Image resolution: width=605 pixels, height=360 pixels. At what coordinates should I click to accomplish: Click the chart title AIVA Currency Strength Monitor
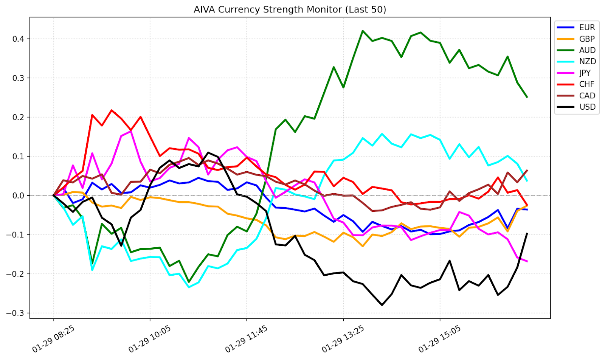pos(290,9)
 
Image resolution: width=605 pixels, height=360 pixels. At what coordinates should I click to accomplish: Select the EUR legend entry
pos(587,28)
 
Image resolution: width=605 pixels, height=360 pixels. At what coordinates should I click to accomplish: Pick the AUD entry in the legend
pos(587,50)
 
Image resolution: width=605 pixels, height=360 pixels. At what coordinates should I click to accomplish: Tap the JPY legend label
pos(585,73)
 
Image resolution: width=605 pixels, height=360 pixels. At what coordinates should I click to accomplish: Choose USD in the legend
pos(587,107)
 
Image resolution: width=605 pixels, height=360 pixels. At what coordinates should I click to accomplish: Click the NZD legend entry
pos(587,62)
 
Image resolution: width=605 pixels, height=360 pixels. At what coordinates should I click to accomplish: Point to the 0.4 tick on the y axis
pos(19,39)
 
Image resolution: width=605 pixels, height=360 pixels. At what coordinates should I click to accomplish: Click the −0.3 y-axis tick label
pos(16,313)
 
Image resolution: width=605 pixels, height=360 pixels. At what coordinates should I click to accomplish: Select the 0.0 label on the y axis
pos(19,196)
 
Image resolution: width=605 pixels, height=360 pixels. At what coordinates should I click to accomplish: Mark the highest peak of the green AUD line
pos(363,31)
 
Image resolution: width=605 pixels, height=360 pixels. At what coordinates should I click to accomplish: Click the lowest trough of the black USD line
pos(382,305)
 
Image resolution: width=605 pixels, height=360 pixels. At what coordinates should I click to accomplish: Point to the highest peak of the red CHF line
pos(112,110)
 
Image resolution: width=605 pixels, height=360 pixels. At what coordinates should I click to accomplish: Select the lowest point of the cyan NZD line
pos(189,287)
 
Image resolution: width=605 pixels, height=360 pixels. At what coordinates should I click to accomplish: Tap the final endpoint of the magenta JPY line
pos(527,261)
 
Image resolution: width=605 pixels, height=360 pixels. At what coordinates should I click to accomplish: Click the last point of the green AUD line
pos(527,97)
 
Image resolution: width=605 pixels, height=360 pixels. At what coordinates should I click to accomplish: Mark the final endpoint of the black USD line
pos(527,234)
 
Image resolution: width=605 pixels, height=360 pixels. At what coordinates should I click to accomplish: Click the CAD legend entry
pos(587,96)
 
